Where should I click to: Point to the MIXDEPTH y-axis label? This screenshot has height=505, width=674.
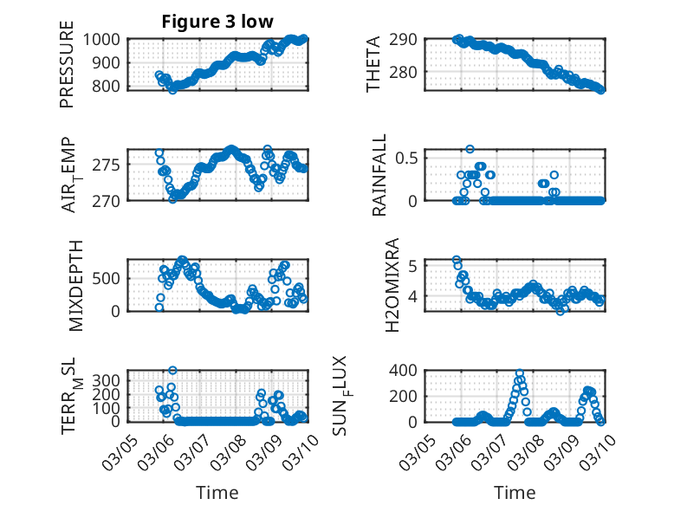(x=75, y=285)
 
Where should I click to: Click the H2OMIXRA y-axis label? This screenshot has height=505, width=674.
(x=392, y=285)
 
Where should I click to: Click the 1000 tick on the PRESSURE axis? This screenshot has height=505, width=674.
(x=106, y=40)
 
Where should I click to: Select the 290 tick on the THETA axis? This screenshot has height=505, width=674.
(x=407, y=40)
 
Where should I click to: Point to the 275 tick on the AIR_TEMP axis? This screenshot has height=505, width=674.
(x=110, y=164)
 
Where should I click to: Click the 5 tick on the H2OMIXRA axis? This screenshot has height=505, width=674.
(x=414, y=265)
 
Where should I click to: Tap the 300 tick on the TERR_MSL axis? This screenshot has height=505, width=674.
(x=110, y=380)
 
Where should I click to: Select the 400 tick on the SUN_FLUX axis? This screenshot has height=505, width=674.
(x=407, y=370)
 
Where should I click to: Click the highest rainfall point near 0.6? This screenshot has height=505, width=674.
(x=470, y=149)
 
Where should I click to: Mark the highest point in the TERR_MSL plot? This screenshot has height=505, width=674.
(x=172, y=371)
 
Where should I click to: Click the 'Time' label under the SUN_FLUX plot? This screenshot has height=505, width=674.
(x=515, y=493)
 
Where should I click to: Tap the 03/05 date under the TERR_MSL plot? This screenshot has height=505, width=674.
(x=118, y=449)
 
